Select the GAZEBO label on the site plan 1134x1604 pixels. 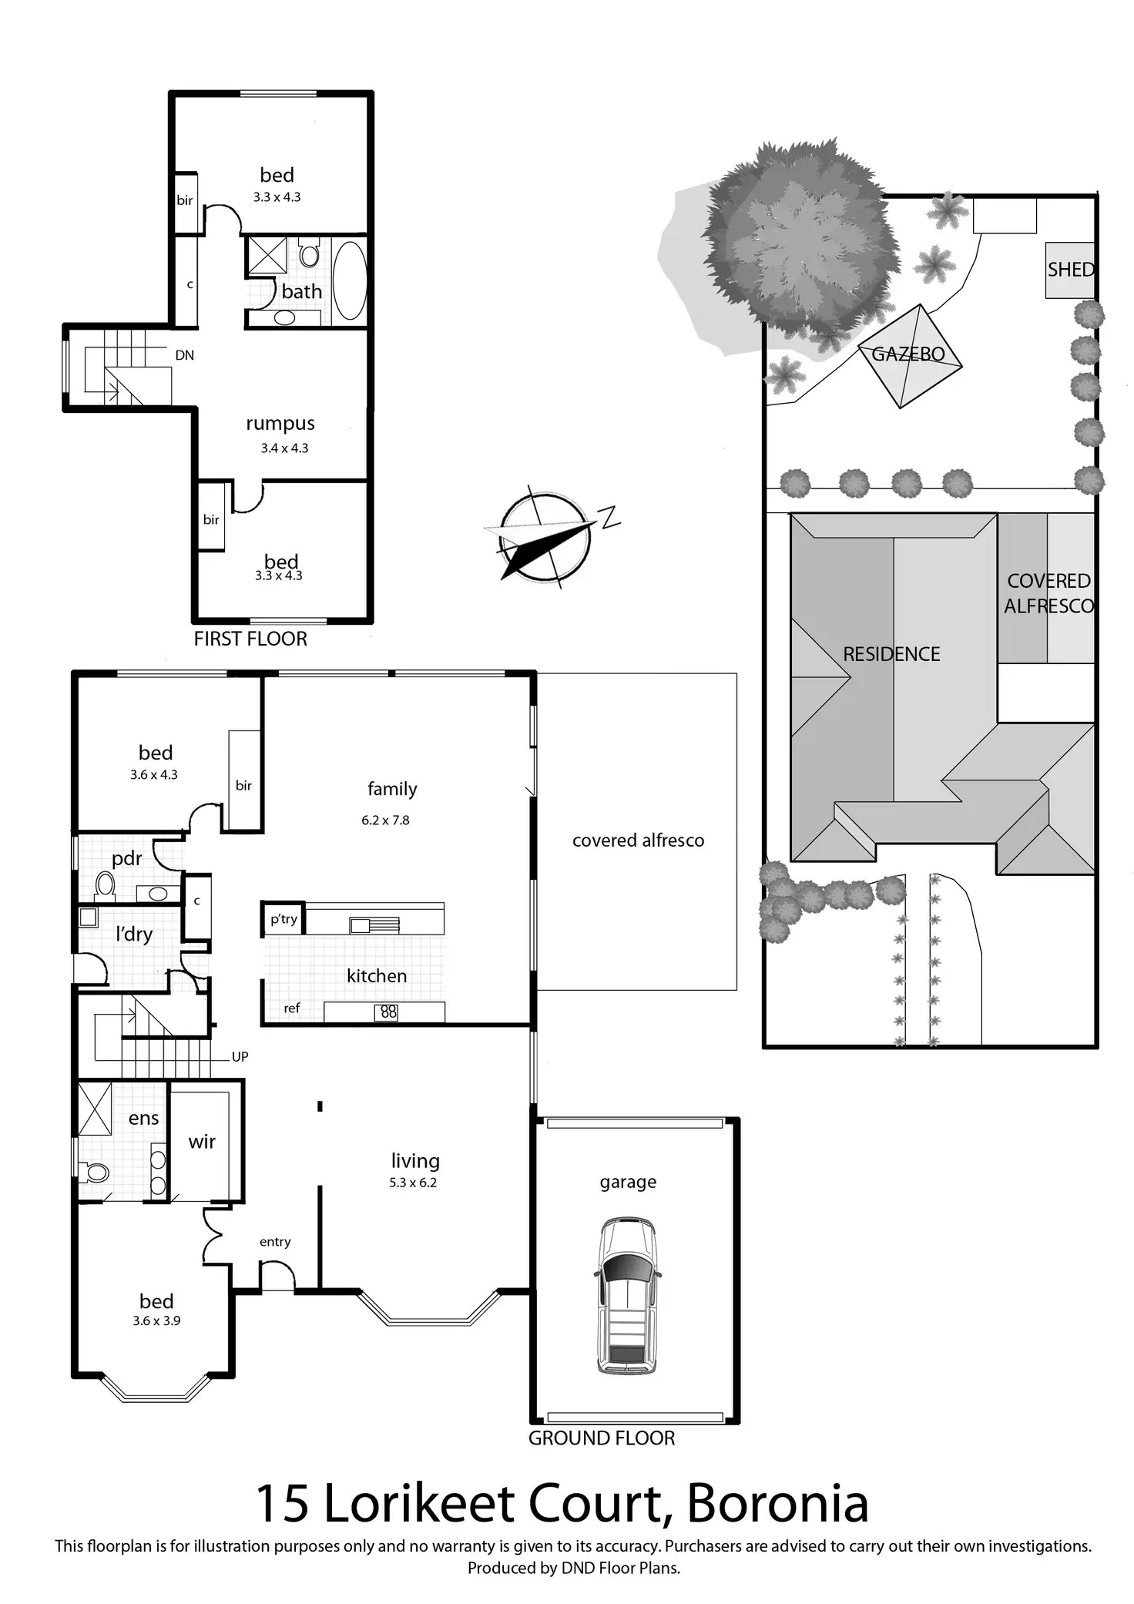click(x=908, y=354)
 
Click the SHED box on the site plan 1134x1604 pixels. click(x=1070, y=270)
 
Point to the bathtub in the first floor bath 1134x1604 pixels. click(x=349, y=280)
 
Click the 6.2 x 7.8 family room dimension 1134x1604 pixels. click(x=385, y=820)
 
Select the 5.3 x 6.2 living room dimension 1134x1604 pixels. click(x=413, y=1183)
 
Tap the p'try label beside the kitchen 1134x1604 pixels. click(x=283, y=919)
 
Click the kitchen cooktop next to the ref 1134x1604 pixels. click(x=388, y=1012)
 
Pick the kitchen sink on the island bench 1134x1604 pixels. click(x=374, y=924)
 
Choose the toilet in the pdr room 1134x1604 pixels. click(x=105, y=886)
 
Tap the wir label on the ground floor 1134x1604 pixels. click(x=202, y=1142)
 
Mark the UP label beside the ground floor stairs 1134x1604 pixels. click(x=240, y=1057)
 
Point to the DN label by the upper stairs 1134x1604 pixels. click(x=185, y=355)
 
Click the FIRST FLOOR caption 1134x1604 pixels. click(x=250, y=639)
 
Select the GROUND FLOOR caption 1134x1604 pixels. click(x=602, y=1438)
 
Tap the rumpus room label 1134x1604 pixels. click(x=280, y=424)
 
